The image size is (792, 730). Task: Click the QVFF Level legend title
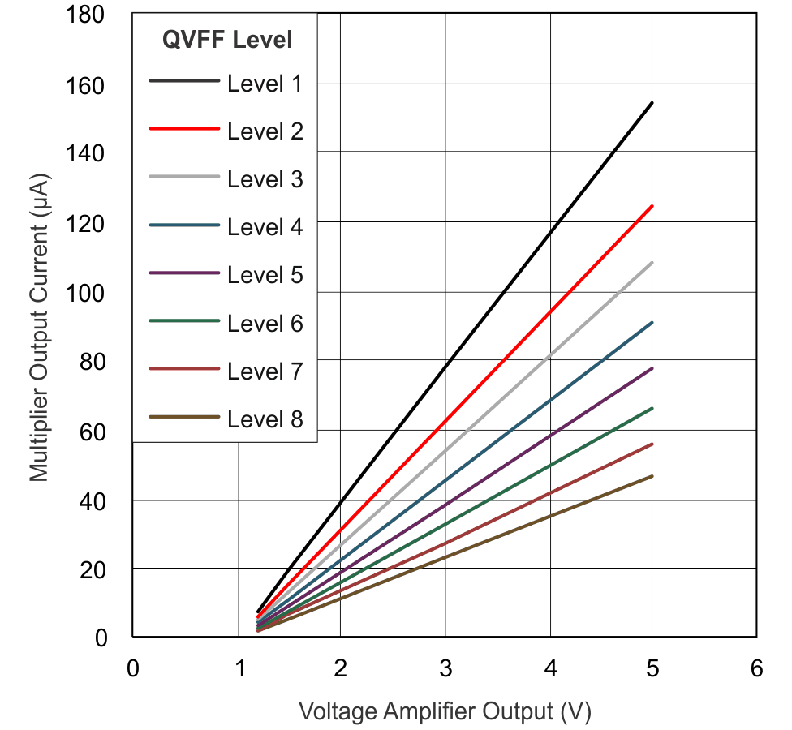point(227,39)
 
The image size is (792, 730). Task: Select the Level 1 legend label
point(265,83)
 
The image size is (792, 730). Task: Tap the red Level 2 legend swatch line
point(184,129)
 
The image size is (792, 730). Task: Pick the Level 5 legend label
point(265,275)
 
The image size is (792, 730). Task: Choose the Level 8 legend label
point(265,419)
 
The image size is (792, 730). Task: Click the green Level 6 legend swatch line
point(184,321)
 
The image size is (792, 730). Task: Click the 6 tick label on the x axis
point(756,668)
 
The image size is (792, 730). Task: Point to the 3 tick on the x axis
point(445,668)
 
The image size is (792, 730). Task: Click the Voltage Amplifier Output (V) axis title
point(445,711)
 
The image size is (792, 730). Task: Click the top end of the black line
point(652,103)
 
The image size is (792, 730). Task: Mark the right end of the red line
point(652,206)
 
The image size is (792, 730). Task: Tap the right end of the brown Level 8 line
point(652,476)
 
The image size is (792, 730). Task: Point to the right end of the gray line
point(652,263)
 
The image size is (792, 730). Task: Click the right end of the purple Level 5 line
point(652,368)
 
